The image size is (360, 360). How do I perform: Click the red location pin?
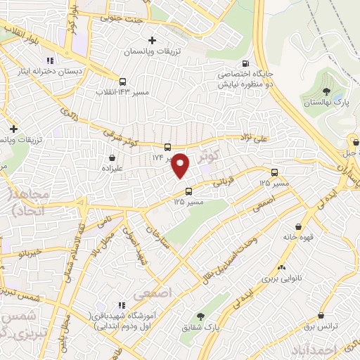click(x=181, y=165)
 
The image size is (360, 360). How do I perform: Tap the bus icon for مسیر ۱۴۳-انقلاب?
click(x=123, y=81)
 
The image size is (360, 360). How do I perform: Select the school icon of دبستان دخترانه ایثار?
click(x=49, y=60)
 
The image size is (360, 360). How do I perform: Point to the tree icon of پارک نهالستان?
click(x=325, y=91)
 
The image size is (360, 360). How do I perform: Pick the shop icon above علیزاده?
click(x=112, y=159)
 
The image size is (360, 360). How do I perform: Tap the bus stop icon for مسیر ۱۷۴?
click(x=167, y=147)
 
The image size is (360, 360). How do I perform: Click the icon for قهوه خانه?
click(x=300, y=226)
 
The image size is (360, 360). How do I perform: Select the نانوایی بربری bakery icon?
click(x=281, y=266)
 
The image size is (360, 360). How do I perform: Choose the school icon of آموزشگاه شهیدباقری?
click(x=121, y=305)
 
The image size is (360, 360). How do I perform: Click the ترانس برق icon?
click(x=320, y=316)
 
